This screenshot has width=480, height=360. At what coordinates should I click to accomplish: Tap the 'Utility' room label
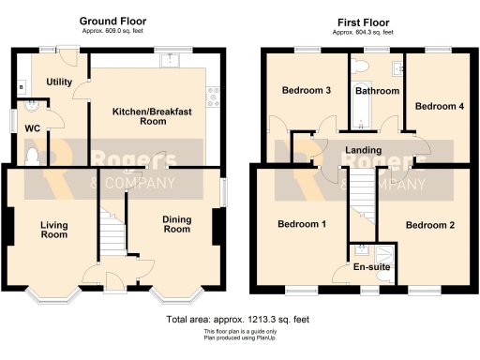59,82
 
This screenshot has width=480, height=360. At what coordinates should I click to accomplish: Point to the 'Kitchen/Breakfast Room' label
152,116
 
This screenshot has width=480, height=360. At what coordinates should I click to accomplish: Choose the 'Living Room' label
53,230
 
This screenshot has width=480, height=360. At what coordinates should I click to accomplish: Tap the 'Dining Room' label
176,224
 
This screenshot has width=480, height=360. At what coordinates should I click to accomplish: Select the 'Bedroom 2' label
430,225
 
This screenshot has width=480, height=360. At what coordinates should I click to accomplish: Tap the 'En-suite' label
370,267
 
